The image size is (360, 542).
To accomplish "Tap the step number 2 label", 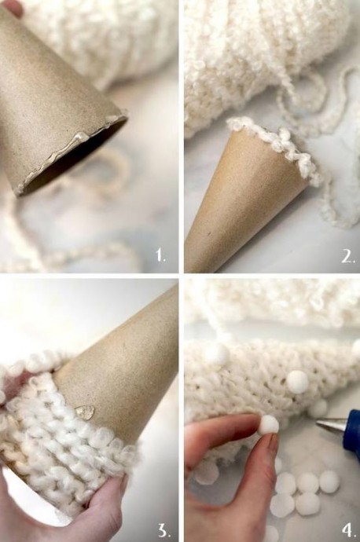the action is click(x=347, y=256).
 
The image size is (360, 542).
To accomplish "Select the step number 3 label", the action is click(x=163, y=529).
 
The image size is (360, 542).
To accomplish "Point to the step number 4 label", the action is click(x=348, y=529).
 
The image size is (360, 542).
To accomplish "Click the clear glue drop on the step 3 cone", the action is click(x=85, y=411).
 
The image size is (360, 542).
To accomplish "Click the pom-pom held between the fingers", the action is click(x=270, y=425).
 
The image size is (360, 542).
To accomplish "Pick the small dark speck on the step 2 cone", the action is click(x=208, y=233).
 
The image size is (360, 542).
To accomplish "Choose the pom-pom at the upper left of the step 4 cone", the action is click(x=217, y=354).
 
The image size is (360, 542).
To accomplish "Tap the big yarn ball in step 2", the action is click(x=266, y=52).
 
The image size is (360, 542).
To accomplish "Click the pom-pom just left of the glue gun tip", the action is click(x=318, y=408).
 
